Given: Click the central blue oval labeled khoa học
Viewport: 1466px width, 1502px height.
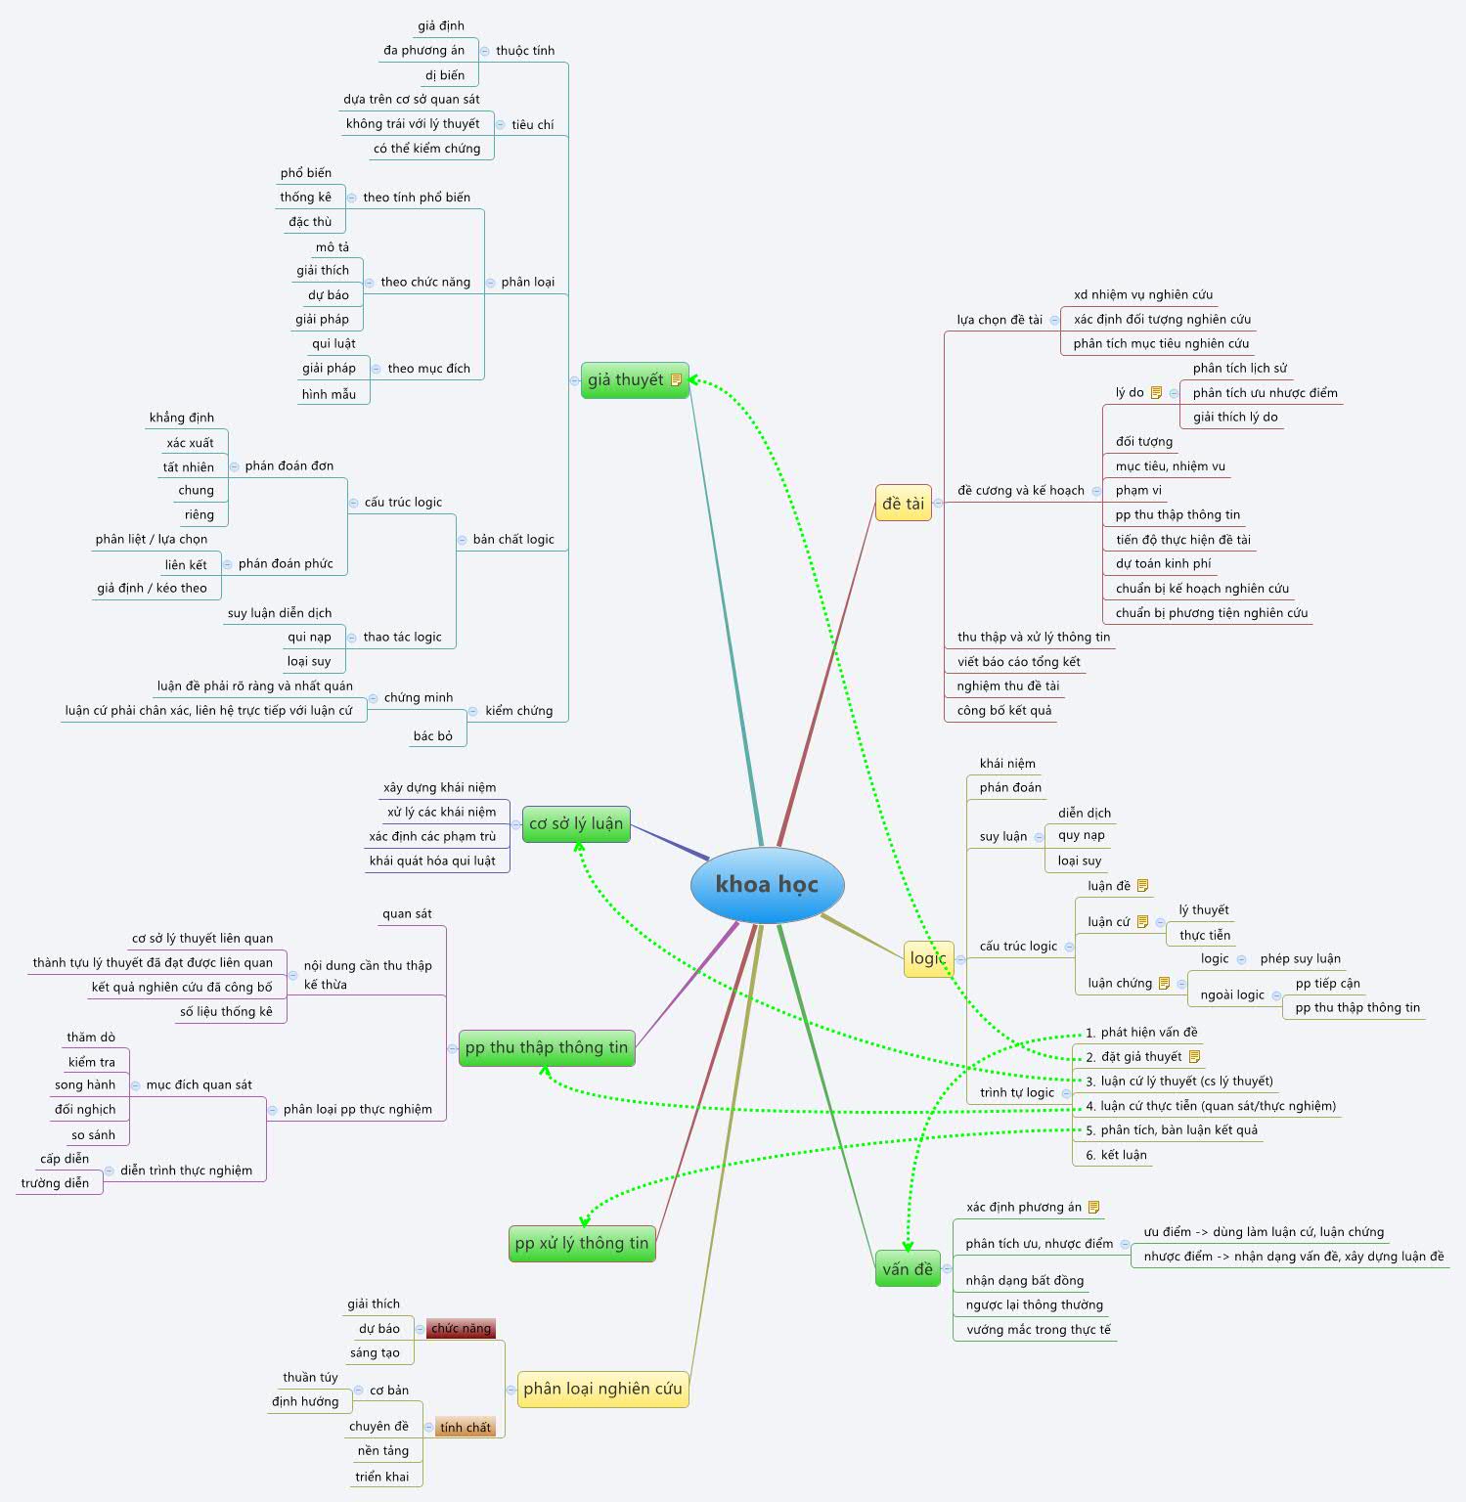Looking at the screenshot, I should (767, 885).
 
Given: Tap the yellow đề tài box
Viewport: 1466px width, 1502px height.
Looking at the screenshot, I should (903, 504).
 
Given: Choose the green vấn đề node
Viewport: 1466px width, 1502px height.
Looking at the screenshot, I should (908, 1269).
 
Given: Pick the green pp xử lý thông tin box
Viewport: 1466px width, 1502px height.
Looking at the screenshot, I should (582, 1243).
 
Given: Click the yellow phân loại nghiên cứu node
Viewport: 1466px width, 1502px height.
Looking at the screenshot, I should (602, 1389).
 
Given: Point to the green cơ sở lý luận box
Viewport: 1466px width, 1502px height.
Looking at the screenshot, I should (576, 823).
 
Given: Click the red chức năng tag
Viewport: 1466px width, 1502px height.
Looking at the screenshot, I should (461, 1328).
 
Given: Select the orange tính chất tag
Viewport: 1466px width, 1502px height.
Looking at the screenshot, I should (466, 1427).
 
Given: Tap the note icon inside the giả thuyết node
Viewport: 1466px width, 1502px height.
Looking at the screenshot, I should (676, 380).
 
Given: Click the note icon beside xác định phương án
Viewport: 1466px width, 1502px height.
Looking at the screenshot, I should (1093, 1207).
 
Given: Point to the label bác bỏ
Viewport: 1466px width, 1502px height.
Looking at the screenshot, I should (432, 735).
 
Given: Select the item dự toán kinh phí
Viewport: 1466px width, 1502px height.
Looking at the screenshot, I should (1163, 563).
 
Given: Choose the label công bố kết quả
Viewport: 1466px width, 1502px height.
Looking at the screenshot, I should (1004, 710).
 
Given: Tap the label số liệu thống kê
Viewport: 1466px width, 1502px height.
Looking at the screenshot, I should (226, 1011).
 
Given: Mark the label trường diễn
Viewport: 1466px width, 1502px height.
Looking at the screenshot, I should (55, 1183).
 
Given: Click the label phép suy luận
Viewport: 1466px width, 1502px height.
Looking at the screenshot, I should (1300, 958).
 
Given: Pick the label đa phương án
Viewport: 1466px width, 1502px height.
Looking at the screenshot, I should (423, 50).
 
